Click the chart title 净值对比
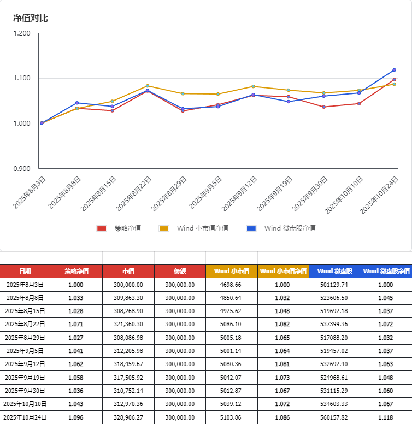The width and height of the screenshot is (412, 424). [31, 18]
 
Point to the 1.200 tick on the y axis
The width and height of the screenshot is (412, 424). [22, 33]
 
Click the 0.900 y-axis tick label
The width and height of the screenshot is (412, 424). [22, 168]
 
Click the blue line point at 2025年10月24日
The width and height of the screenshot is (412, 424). [394, 70]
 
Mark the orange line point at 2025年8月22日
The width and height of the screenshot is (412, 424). [148, 86]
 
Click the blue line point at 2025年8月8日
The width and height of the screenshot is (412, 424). [77, 103]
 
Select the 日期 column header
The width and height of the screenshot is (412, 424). [25, 271]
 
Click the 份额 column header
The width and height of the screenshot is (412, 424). [180, 271]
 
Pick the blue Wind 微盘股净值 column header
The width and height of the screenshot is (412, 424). [386, 271]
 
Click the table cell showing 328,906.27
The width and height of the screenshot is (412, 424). [128, 418]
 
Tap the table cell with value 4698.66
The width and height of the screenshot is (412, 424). [231, 285]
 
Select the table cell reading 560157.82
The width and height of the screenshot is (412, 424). [334, 418]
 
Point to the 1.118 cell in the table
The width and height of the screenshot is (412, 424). [386, 418]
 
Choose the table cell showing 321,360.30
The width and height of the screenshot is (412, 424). [128, 325]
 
